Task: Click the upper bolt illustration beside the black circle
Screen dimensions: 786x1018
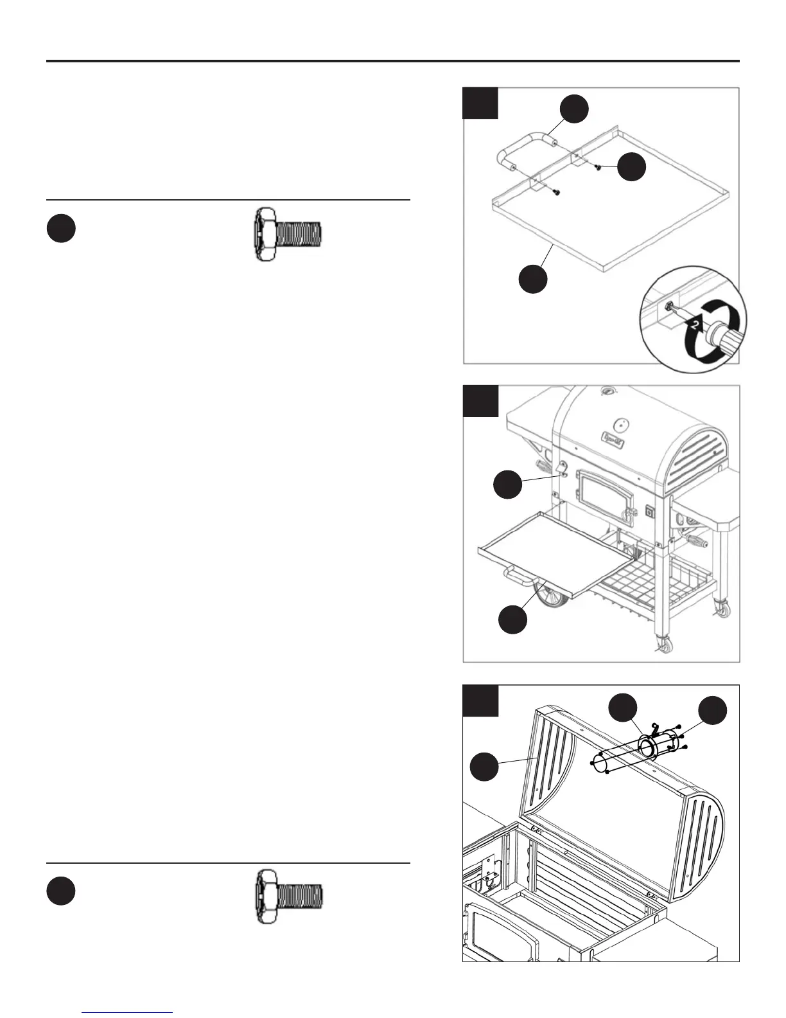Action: [288, 234]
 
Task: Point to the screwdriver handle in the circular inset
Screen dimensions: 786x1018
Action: [724, 340]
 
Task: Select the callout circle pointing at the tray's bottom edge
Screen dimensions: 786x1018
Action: [533, 279]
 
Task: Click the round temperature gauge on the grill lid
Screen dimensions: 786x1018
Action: [620, 424]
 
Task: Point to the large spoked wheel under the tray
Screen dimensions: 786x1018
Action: [549, 597]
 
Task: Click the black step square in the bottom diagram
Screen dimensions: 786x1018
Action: [480, 701]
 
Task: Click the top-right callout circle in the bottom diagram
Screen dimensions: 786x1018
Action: [713, 710]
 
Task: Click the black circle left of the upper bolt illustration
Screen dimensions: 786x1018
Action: [61, 229]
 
